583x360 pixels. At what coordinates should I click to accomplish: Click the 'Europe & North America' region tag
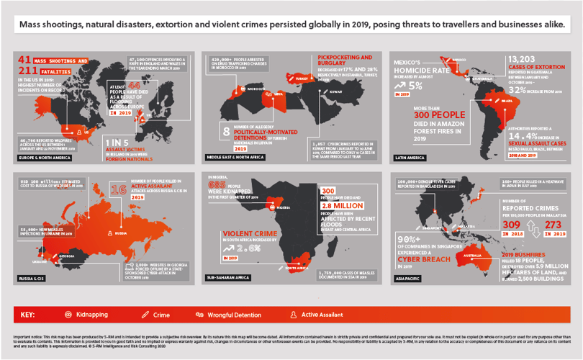(x=40, y=156)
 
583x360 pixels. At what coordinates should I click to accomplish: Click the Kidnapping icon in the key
(x=68, y=315)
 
